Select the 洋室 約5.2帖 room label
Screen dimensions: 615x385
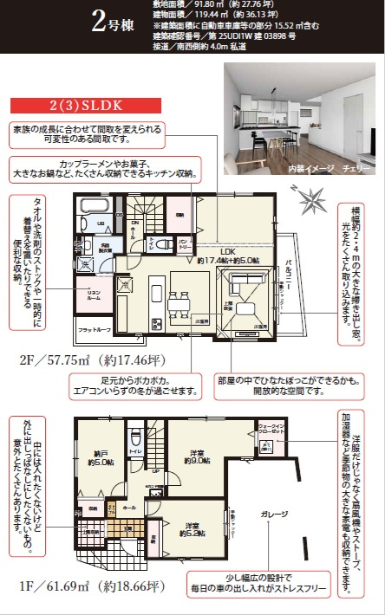[191, 528]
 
